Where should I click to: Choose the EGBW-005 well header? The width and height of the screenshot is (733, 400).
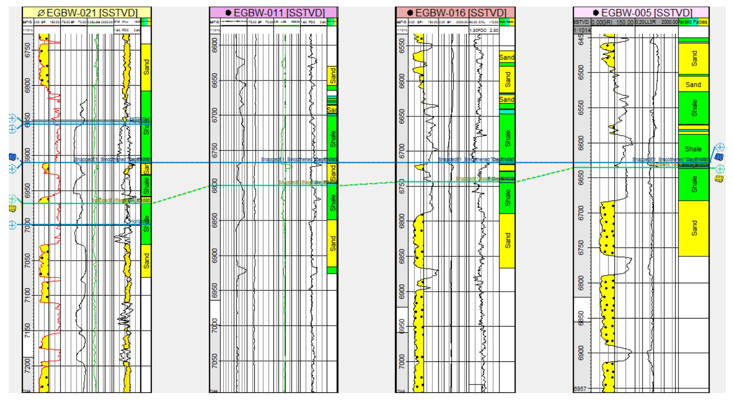641,12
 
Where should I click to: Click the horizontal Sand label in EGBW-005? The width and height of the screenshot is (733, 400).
693,85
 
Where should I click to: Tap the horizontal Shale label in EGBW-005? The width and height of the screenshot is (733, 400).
693,149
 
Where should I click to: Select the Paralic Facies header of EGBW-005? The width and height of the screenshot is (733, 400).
693,22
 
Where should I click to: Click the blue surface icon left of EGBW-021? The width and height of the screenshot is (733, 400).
13,157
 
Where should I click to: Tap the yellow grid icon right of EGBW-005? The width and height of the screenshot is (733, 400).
718,179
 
